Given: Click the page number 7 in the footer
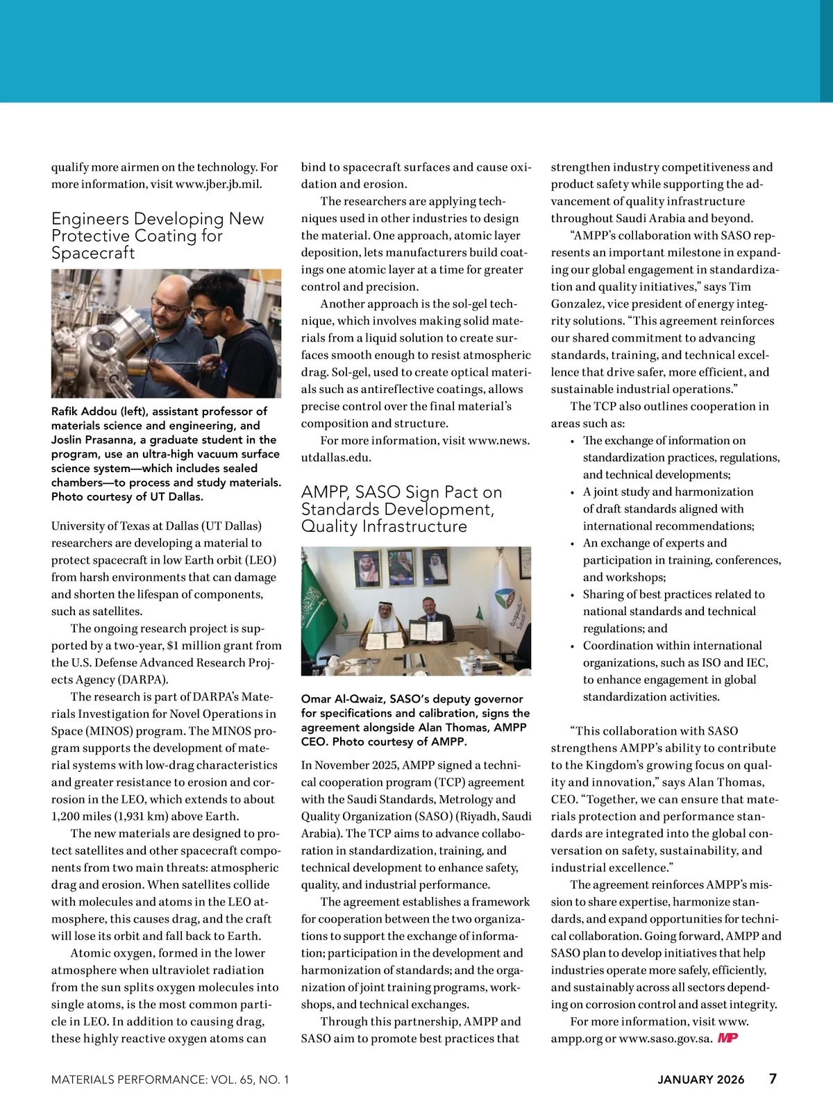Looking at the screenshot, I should point(773,1078).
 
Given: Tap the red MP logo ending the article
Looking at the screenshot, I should point(727,1038).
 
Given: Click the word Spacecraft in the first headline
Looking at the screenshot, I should point(93,253).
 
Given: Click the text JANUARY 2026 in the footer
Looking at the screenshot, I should point(700,1080).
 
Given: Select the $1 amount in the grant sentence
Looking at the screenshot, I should point(174,646).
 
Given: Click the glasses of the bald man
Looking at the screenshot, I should point(170,306).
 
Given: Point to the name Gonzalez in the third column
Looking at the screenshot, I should point(578,304).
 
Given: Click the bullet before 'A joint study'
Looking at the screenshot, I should point(572,492).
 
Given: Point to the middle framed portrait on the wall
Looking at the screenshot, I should point(401,567).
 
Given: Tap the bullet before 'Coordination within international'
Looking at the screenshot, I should point(572,646).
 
